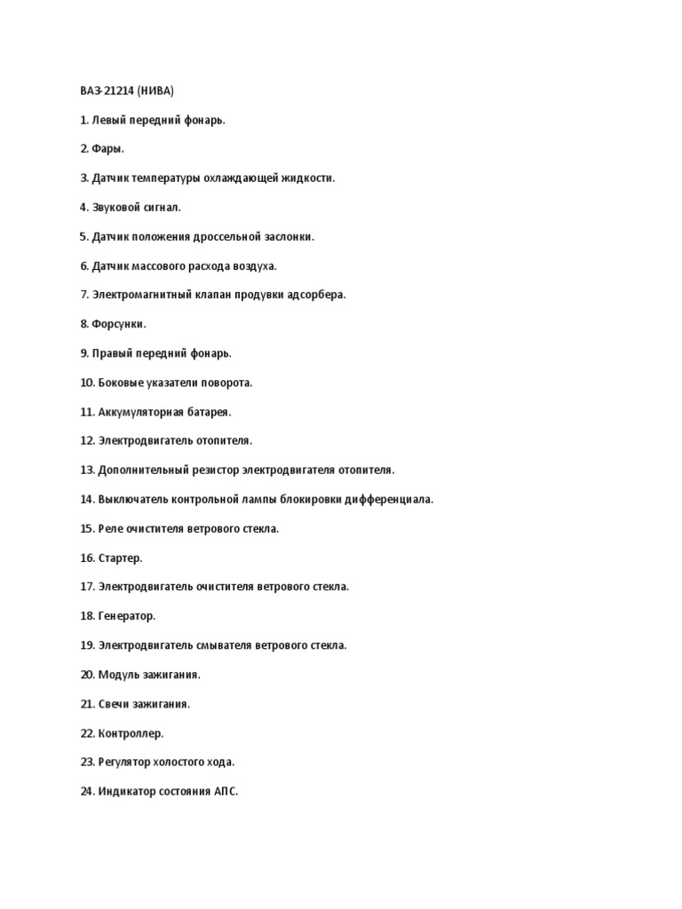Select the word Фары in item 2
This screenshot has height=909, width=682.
(106, 149)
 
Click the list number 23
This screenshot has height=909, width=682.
(86, 762)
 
